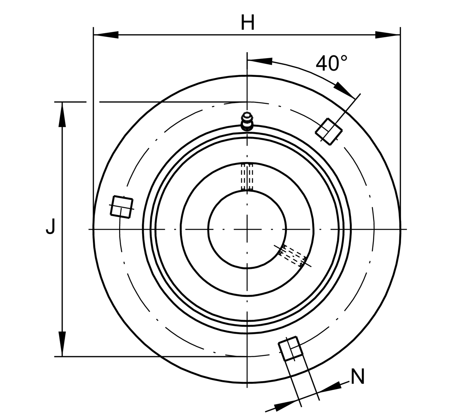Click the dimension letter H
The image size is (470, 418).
[x=248, y=22]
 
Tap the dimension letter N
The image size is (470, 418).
[x=358, y=376]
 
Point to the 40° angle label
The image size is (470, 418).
[x=331, y=63]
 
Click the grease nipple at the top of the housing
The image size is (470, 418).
[x=247, y=121]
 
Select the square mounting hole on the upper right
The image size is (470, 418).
[x=329, y=132]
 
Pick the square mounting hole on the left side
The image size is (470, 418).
[x=122, y=207]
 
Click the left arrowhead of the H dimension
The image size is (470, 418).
[x=106, y=35]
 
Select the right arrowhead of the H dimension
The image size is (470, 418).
[x=387, y=35]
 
